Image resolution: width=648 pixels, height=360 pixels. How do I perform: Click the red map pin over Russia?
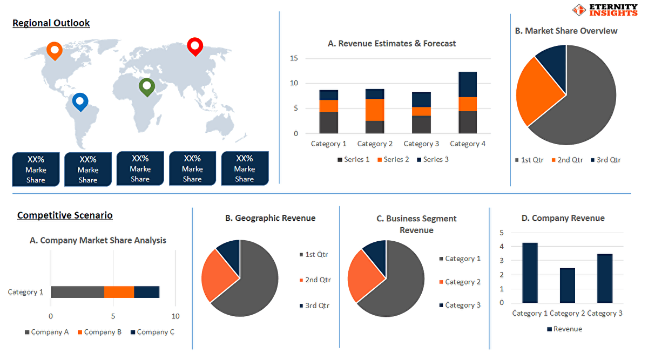(195, 46)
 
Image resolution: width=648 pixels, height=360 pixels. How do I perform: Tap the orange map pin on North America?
(55, 51)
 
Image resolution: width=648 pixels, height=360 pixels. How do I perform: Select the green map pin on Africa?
(147, 87)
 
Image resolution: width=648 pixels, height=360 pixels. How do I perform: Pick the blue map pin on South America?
(80, 102)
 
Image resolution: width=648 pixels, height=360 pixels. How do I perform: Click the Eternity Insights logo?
(605, 10)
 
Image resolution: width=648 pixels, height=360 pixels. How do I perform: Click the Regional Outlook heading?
(51, 23)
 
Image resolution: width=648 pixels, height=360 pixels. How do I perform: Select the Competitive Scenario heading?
(65, 215)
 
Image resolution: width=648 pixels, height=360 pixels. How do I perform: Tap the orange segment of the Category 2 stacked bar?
(375, 110)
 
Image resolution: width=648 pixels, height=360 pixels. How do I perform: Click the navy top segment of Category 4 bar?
(468, 84)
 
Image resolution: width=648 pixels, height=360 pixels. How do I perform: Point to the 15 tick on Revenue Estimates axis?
(294, 58)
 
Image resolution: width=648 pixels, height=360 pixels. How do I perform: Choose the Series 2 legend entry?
(393, 159)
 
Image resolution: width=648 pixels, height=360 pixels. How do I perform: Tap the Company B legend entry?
(99, 332)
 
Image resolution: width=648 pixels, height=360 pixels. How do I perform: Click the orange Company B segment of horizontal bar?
(119, 292)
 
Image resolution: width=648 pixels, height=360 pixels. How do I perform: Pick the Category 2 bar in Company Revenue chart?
(568, 286)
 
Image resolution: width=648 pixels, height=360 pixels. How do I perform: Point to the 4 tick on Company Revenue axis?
(501, 247)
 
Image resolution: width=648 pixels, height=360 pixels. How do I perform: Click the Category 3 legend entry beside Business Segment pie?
(460, 305)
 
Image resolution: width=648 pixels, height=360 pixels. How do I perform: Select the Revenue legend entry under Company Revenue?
(565, 329)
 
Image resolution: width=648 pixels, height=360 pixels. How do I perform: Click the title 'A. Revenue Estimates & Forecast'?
(391, 43)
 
